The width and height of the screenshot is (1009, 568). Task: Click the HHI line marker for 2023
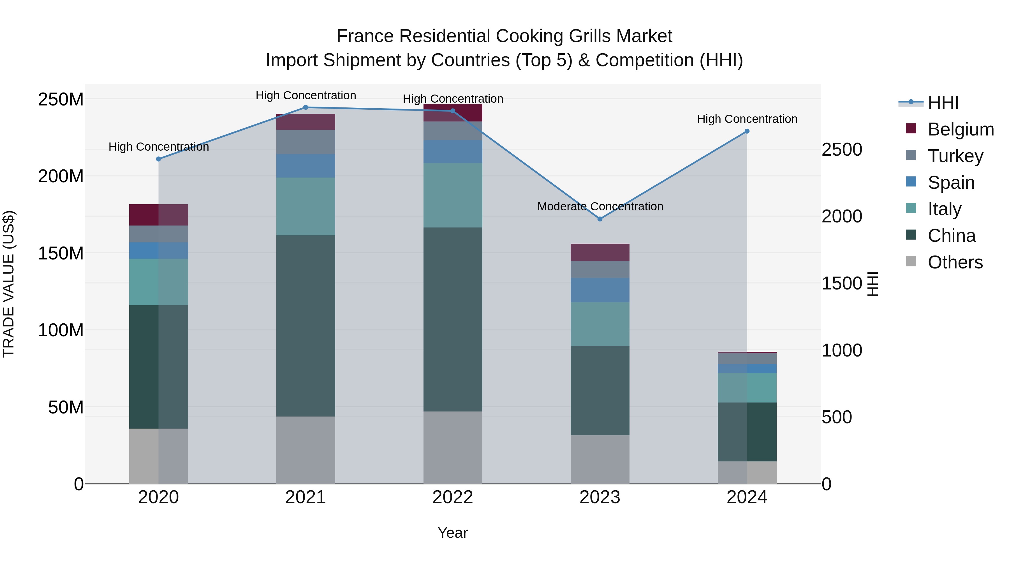[x=600, y=219]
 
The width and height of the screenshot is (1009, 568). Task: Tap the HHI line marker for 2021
[x=306, y=107]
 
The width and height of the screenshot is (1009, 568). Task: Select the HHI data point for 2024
[x=747, y=131]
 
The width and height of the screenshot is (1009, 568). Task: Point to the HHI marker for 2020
[x=159, y=159]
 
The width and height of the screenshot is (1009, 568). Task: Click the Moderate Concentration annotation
[x=600, y=206]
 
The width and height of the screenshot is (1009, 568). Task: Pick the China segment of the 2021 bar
[x=306, y=326]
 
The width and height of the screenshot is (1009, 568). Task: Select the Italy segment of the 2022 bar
[x=453, y=195]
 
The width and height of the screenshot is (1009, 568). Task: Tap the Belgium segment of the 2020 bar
[x=159, y=215]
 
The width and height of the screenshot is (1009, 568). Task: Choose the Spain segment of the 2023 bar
[x=600, y=290]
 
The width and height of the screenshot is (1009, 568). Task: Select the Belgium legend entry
[x=961, y=129]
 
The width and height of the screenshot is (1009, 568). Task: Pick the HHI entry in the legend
[x=943, y=103]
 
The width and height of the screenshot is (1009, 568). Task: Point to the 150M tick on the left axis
[x=61, y=253]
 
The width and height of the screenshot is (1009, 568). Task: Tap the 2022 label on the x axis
[x=453, y=497]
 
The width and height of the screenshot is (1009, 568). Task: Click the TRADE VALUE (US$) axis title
[x=9, y=284]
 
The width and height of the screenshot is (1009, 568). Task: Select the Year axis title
[x=453, y=533]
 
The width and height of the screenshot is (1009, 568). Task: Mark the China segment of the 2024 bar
[x=747, y=432]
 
